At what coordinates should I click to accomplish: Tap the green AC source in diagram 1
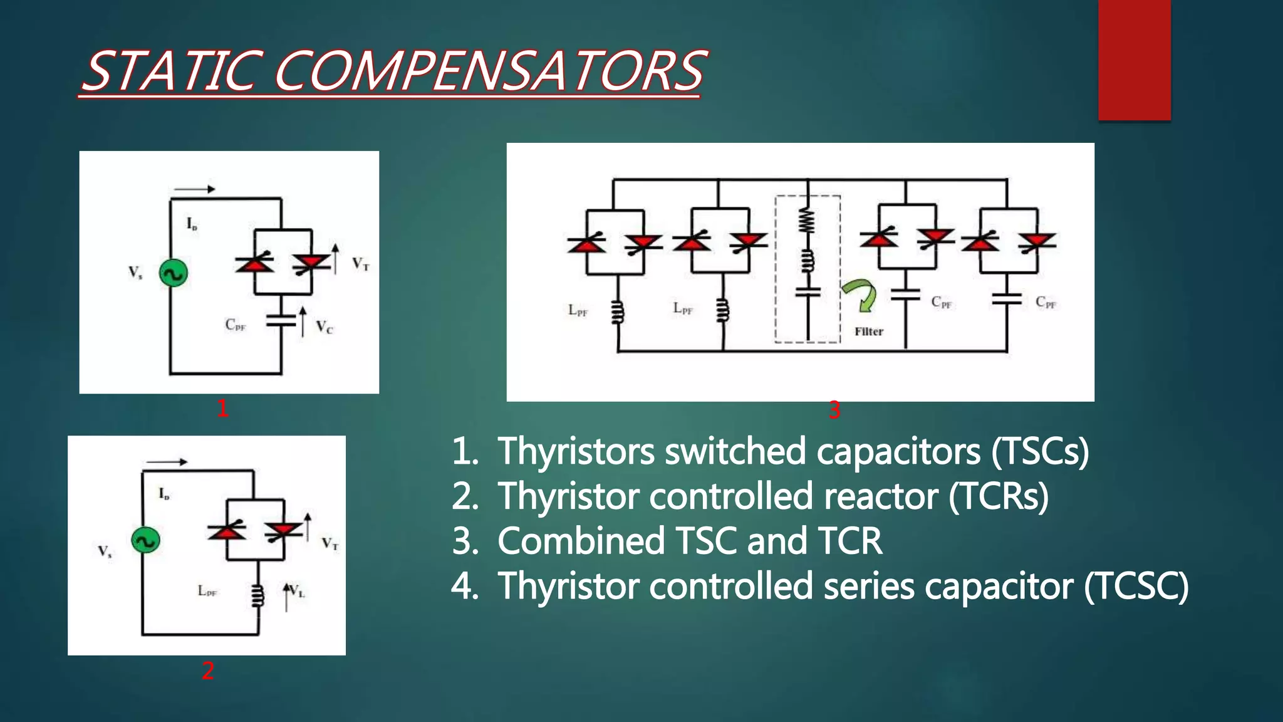point(174,273)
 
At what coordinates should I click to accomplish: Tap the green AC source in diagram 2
point(145,540)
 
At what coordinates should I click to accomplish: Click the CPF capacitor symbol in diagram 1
point(281,320)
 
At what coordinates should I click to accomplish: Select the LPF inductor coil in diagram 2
point(257,596)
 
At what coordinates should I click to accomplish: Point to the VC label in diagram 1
point(324,327)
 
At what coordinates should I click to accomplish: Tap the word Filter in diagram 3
point(869,332)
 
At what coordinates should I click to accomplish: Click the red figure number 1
point(222,409)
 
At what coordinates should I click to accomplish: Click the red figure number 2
point(208,671)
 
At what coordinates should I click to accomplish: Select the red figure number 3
point(834,411)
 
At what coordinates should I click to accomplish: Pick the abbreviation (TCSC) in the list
point(1136,587)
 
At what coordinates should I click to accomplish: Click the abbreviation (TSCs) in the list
point(1040,451)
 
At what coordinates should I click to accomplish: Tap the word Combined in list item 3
point(580,541)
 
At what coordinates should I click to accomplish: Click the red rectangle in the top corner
point(1134,60)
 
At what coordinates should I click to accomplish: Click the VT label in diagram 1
point(360,264)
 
